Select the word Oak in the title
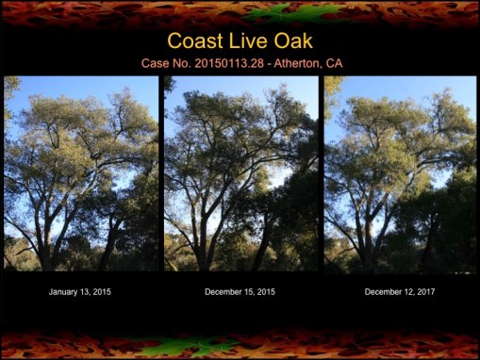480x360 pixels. (x=292, y=41)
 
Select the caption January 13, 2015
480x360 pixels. (x=80, y=292)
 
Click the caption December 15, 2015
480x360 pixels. (x=240, y=292)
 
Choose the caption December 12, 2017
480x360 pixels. (x=400, y=292)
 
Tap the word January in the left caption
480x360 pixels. (x=65, y=292)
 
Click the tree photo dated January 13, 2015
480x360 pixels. (x=81, y=173)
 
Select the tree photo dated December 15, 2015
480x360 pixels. (x=241, y=173)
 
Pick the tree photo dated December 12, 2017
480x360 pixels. (x=400, y=173)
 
